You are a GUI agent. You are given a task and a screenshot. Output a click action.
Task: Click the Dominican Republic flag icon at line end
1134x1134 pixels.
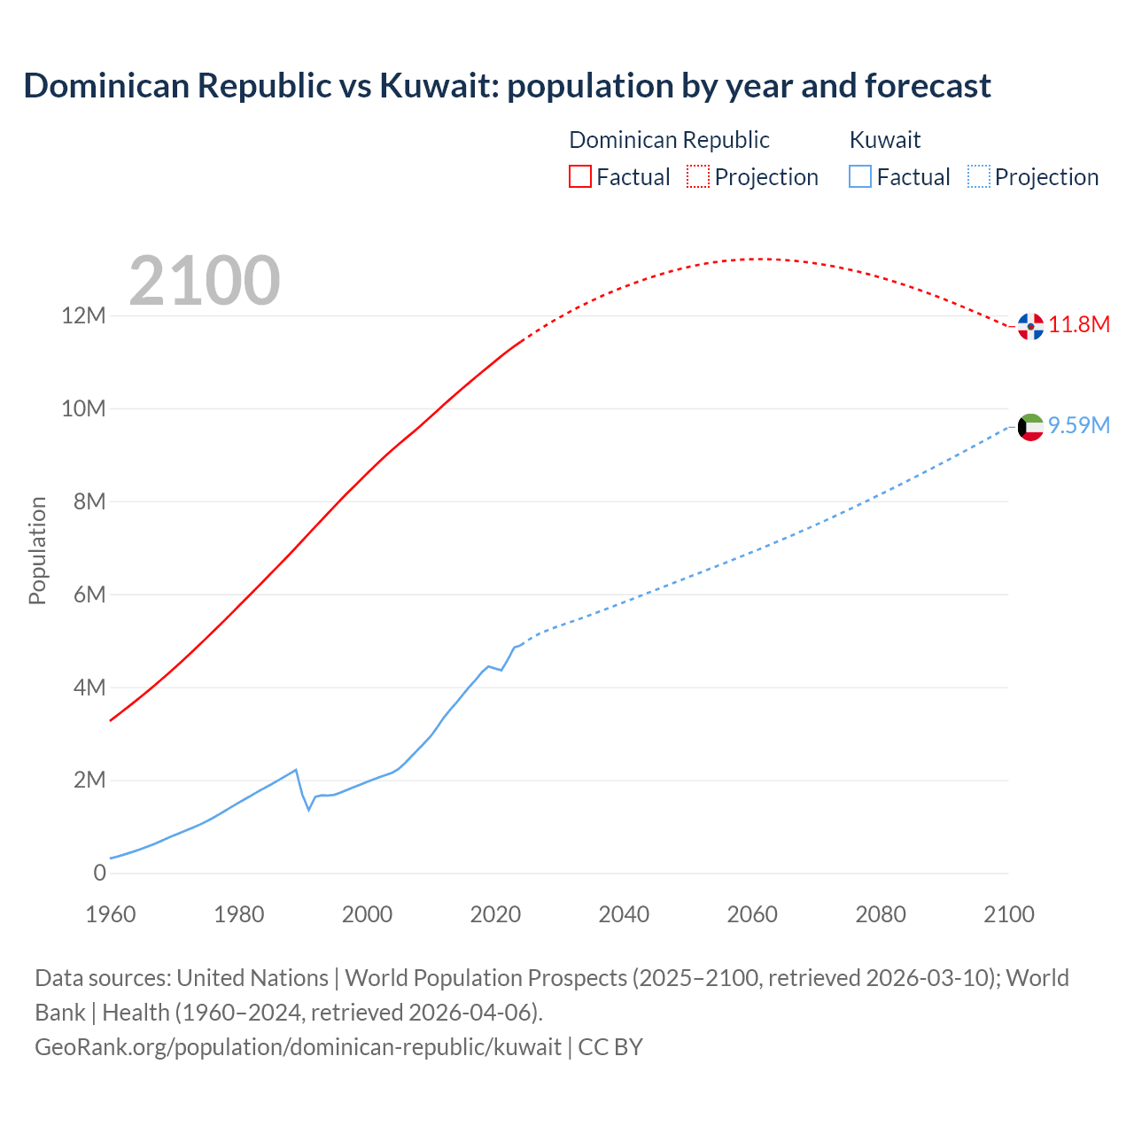(x=1030, y=326)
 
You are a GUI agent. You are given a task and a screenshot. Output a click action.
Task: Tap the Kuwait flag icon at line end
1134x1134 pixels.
(x=1030, y=427)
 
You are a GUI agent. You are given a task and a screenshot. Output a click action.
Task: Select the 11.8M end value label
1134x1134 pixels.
(x=1079, y=324)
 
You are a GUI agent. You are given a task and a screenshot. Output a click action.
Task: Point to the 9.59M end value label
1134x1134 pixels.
(x=1079, y=425)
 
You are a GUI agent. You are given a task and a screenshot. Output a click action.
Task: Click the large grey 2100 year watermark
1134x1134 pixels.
(x=205, y=281)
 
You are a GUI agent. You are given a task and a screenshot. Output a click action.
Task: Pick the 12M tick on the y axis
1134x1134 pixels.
(x=83, y=316)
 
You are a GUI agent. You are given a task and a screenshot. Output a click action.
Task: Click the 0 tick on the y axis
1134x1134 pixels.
(x=99, y=873)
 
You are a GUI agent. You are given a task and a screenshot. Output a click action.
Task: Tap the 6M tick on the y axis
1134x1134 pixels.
(x=89, y=594)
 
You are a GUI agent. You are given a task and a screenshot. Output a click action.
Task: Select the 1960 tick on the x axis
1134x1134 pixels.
(x=111, y=914)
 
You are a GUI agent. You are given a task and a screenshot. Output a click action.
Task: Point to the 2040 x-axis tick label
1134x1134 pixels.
(x=624, y=914)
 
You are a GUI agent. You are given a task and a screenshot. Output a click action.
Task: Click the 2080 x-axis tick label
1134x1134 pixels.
(x=881, y=914)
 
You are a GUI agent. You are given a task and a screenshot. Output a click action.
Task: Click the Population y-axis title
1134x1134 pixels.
(x=37, y=550)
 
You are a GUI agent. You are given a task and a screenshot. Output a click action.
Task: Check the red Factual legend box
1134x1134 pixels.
(x=580, y=176)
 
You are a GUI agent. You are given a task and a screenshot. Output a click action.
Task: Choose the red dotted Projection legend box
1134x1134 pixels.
(x=698, y=176)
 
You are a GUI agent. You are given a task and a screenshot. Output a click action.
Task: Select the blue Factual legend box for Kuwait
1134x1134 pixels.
(x=860, y=176)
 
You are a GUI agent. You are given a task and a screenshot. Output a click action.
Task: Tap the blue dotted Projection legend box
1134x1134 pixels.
(x=979, y=176)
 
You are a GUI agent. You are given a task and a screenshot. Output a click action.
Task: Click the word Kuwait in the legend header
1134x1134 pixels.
(x=885, y=140)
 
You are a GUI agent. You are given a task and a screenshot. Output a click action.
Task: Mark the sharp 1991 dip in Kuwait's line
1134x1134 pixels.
(x=309, y=809)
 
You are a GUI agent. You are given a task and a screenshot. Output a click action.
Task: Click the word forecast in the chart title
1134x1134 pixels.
(x=928, y=86)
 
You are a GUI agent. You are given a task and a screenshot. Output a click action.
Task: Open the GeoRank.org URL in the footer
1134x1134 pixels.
(x=298, y=1046)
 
